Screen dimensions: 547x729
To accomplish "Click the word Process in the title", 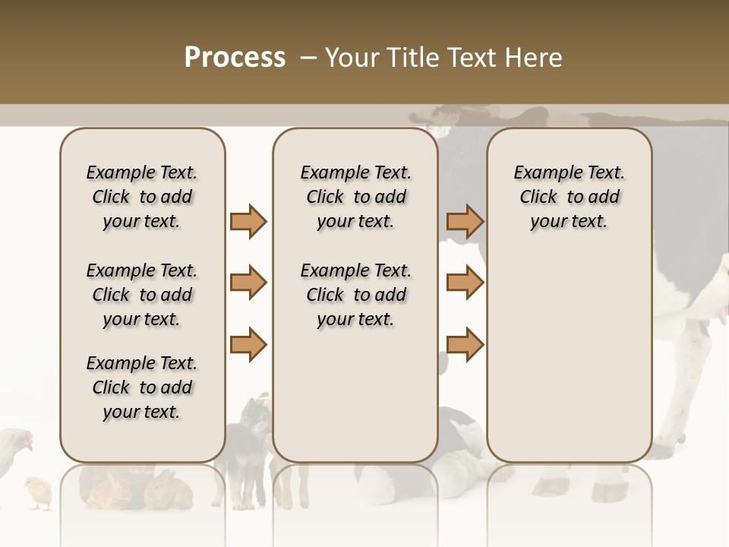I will click(x=235, y=58).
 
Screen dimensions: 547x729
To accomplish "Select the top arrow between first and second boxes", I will click(x=248, y=221).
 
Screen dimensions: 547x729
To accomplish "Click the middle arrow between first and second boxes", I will click(x=248, y=283).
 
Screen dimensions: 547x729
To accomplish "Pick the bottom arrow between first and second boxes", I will click(x=248, y=345).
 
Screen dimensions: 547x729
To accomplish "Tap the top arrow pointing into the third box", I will click(x=465, y=221).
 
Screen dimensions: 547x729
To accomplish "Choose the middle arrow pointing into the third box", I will click(x=465, y=283).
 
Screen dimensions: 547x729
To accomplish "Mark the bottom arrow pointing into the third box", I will click(x=465, y=345).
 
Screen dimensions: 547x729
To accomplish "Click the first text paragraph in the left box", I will click(x=142, y=197).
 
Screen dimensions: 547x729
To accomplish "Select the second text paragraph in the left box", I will click(x=142, y=295).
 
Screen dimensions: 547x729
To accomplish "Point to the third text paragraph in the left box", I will click(x=142, y=387).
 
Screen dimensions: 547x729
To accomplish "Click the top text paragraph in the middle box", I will click(x=355, y=197).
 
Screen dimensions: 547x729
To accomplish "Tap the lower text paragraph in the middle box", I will click(x=355, y=295).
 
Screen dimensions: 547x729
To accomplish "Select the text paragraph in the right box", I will click(x=569, y=197).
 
